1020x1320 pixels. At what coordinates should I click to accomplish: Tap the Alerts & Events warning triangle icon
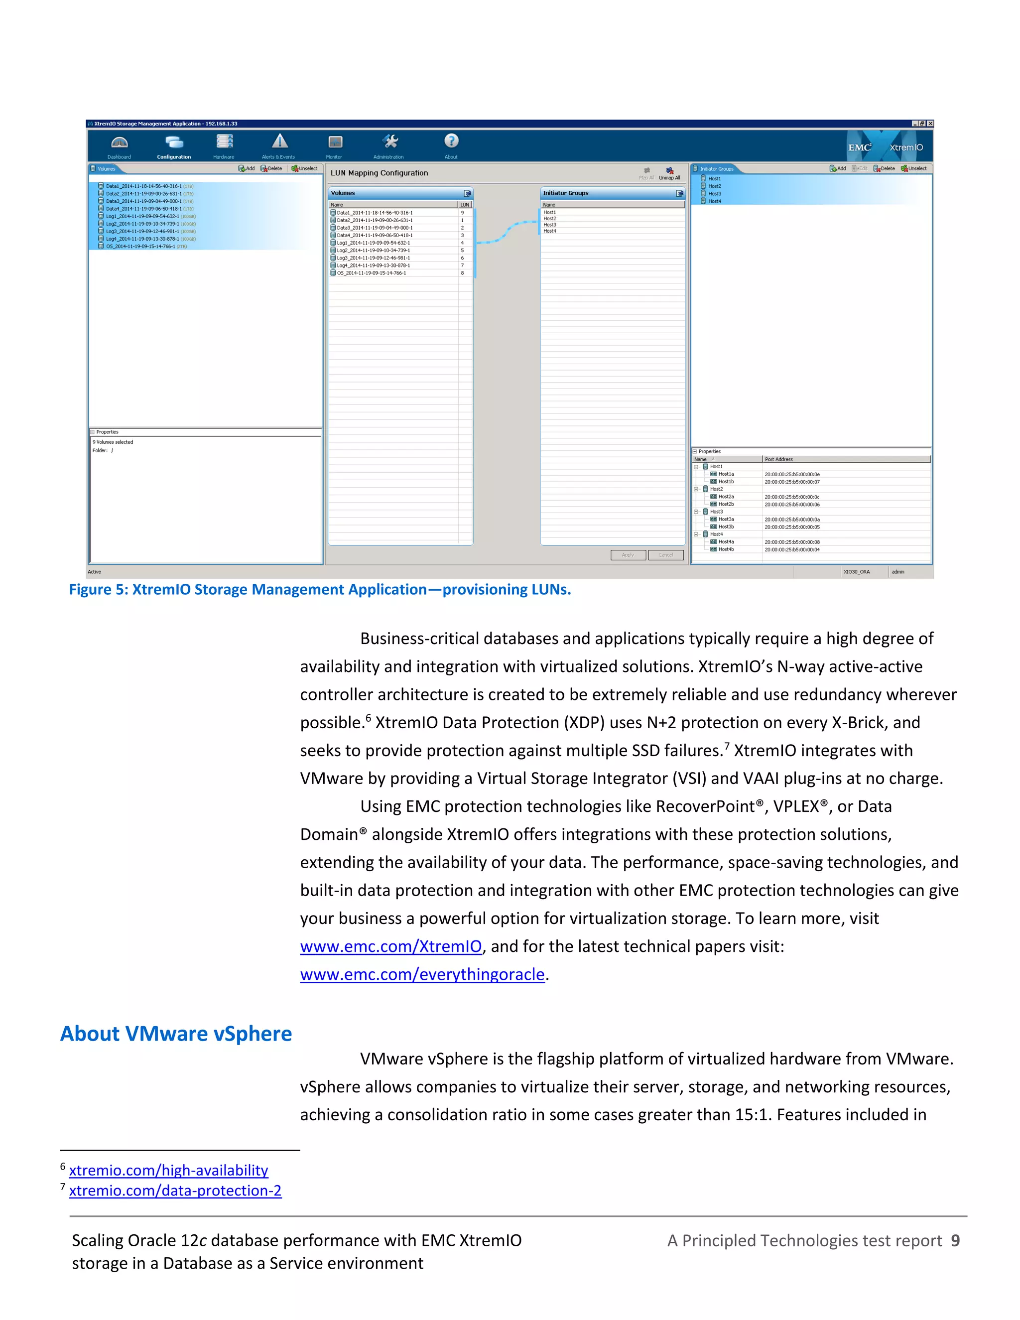pyautogui.click(x=279, y=142)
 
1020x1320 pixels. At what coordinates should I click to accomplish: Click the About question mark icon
pyautogui.click(x=451, y=141)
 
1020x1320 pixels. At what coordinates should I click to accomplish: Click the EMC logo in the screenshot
pyautogui.click(x=859, y=147)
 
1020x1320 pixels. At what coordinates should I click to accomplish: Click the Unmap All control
pyautogui.click(x=669, y=173)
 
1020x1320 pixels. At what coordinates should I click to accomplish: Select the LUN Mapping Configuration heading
pyautogui.click(x=379, y=173)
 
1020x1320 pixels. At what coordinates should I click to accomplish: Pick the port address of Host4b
pyautogui.click(x=791, y=550)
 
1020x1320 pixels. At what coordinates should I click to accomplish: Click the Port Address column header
pyautogui.click(x=779, y=459)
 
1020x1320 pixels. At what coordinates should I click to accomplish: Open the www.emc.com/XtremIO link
pyautogui.click(x=390, y=946)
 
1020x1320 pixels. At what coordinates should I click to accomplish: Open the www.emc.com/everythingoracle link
pyautogui.click(x=422, y=974)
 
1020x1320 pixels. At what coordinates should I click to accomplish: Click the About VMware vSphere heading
pyautogui.click(x=176, y=1034)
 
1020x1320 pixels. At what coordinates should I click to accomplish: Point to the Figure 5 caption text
pyautogui.click(x=320, y=590)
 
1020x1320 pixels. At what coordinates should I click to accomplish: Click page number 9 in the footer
pyautogui.click(x=955, y=1241)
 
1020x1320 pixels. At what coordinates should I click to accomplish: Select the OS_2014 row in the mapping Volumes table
pyautogui.click(x=371, y=273)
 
